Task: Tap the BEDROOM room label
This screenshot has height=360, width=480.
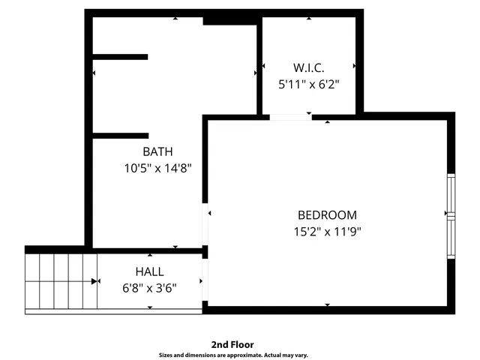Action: [327, 215]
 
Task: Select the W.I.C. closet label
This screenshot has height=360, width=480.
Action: [309, 67]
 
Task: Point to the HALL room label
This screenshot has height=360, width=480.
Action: [149, 271]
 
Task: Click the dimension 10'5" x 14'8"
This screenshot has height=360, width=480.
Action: [158, 169]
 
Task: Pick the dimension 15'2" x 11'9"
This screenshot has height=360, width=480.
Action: [327, 232]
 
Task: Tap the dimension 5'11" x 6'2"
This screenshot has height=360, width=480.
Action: [309, 84]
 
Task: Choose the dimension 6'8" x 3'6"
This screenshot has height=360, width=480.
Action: [149, 287]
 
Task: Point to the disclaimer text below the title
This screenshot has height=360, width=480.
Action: [232, 355]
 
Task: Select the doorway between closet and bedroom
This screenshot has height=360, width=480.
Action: [290, 116]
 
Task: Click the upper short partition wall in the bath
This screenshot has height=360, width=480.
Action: [120, 56]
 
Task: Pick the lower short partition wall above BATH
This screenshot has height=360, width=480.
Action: [120, 136]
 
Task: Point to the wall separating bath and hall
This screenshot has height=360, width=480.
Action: [147, 250]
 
